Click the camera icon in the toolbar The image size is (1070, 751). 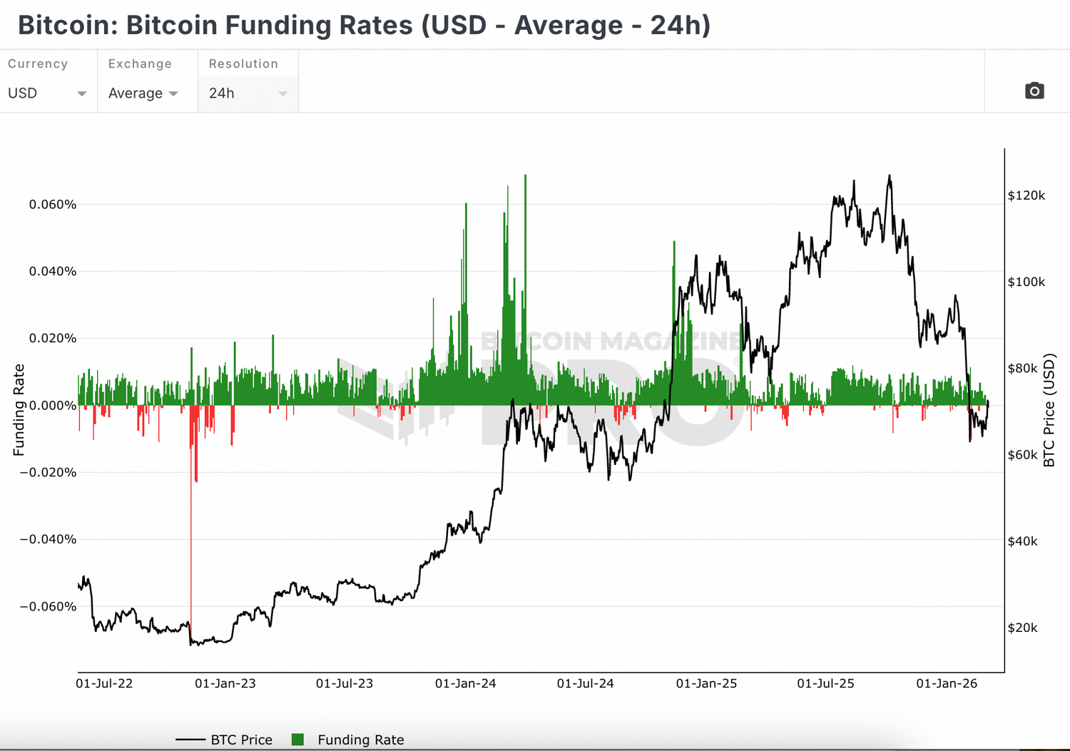pyautogui.click(x=1034, y=91)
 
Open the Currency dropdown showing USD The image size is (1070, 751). pyautogui.click(x=47, y=93)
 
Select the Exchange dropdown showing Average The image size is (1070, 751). pyautogui.click(x=143, y=93)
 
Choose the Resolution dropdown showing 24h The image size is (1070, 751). pyautogui.click(x=248, y=93)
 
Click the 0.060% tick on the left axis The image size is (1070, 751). pyautogui.click(x=53, y=205)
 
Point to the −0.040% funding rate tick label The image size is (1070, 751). pyautogui.click(x=48, y=539)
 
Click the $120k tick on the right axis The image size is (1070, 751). pyautogui.click(x=1026, y=195)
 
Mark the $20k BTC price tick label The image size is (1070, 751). pyautogui.click(x=1022, y=628)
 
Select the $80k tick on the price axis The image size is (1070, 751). pyautogui.click(x=1022, y=368)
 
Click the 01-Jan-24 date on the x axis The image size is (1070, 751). pyautogui.click(x=466, y=683)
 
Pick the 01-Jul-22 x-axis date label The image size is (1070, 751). pyautogui.click(x=104, y=683)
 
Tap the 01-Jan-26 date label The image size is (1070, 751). pyautogui.click(x=947, y=683)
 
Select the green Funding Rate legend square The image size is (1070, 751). pyautogui.click(x=298, y=740)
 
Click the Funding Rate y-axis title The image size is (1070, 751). pyautogui.click(x=19, y=410)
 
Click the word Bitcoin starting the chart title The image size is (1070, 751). pyautogui.click(x=62, y=25)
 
